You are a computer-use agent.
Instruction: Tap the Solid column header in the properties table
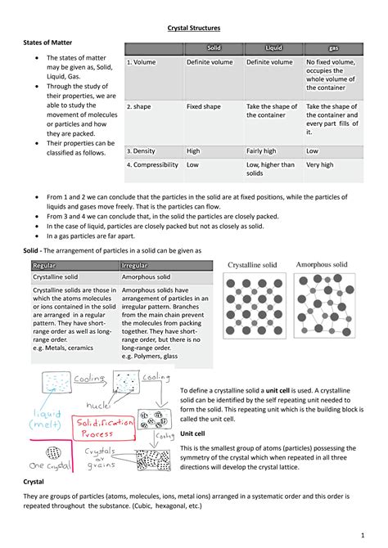pyautogui.click(x=213, y=49)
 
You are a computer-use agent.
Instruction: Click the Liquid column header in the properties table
pyautogui.click(x=273, y=49)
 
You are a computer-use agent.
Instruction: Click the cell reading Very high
pyautogui.click(x=320, y=164)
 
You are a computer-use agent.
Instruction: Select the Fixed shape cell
pyautogui.click(x=204, y=106)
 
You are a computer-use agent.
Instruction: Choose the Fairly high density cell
pyautogui.click(x=264, y=150)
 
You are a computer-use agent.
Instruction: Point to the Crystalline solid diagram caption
pyautogui.click(x=252, y=265)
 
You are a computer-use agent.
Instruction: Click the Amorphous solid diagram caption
pyautogui.click(x=322, y=265)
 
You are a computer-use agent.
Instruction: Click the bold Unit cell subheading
pyautogui.click(x=192, y=433)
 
